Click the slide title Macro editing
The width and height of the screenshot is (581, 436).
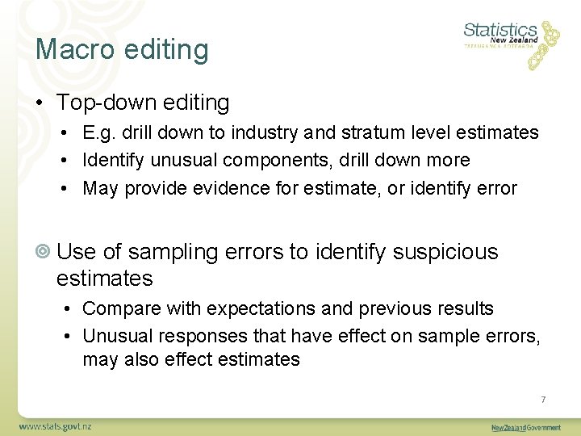(x=122, y=49)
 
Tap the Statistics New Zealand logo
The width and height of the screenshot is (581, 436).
(x=511, y=40)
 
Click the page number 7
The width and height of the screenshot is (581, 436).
(x=544, y=399)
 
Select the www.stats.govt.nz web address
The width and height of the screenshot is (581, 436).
(x=55, y=426)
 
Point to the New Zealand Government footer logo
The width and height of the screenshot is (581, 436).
(x=526, y=426)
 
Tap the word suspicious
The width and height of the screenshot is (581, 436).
(x=445, y=252)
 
